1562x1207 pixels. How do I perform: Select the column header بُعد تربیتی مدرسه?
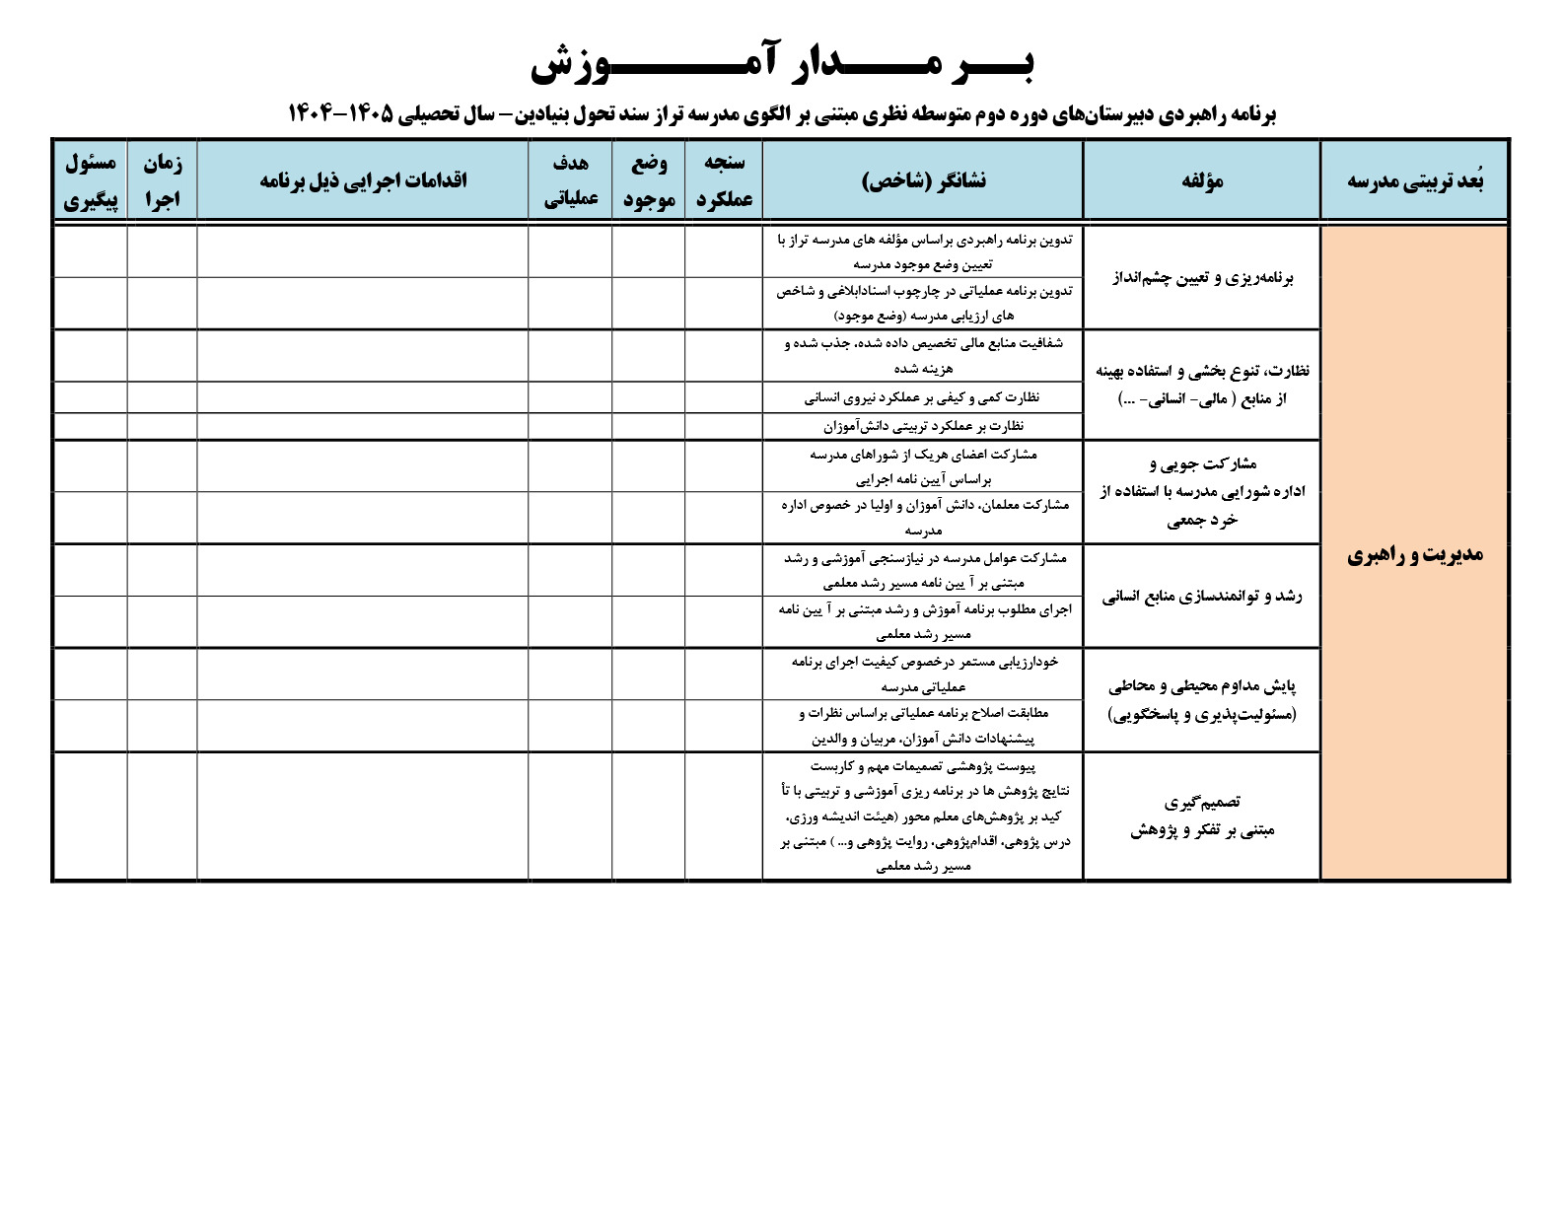(1415, 180)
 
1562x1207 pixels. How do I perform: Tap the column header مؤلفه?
(1201, 180)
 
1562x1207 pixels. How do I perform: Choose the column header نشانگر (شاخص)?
(923, 180)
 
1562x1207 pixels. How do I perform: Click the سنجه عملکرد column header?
(724, 180)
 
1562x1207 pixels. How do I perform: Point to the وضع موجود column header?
(649, 180)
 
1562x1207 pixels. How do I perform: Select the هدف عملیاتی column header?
(570, 180)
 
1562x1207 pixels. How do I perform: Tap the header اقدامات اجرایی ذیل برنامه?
(363, 180)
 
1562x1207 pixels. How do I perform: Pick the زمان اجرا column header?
(162, 180)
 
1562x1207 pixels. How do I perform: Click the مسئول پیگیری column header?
(90, 180)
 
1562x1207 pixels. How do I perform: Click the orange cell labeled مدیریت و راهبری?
(1415, 554)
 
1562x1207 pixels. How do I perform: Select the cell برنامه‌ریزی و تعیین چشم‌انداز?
(1201, 278)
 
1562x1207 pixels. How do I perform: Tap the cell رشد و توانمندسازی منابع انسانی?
(1201, 597)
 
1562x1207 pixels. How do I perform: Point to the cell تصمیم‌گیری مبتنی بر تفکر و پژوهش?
(1201, 817)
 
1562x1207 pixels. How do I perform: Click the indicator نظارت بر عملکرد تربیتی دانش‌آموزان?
(923, 426)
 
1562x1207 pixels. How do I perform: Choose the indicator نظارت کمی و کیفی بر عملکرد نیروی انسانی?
(923, 397)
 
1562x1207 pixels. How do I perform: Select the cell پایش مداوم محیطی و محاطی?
(1201, 700)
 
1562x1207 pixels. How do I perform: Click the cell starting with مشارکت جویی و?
(1201, 491)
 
